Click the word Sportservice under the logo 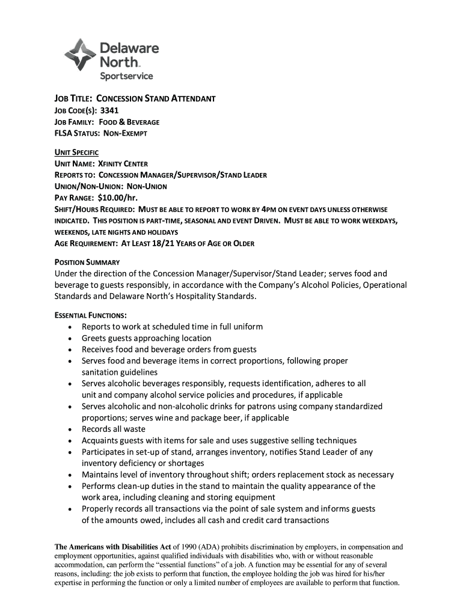pyautogui.click(x=126, y=76)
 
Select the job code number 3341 pyautogui.click(x=109, y=111)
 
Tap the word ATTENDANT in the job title pyautogui.click(x=189, y=98)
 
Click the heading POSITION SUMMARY pyautogui.click(x=87, y=262)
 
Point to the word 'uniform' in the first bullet pyautogui.click(x=248, y=327)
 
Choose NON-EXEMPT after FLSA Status pyautogui.click(x=126, y=133)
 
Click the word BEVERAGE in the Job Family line pyautogui.click(x=138, y=122)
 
